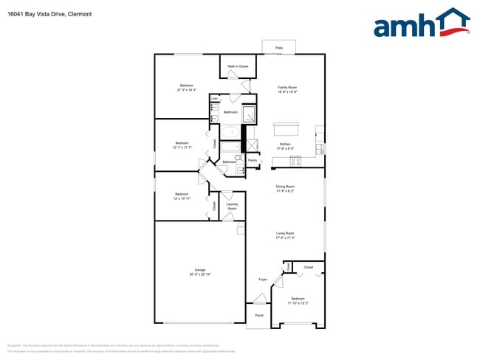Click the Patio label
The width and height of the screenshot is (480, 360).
coord(279,47)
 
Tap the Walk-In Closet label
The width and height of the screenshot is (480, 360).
coord(238,67)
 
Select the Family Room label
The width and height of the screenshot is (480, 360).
coord(287,87)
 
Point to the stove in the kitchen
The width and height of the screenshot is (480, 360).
coord(295,161)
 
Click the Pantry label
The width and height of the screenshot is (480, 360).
coord(252,160)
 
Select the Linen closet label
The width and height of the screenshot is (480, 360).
coord(214,97)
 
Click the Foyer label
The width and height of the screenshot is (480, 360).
coord(262,280)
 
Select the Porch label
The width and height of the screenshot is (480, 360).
coord(259,316)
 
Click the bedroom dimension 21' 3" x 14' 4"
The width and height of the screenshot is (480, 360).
coord(187,90)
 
